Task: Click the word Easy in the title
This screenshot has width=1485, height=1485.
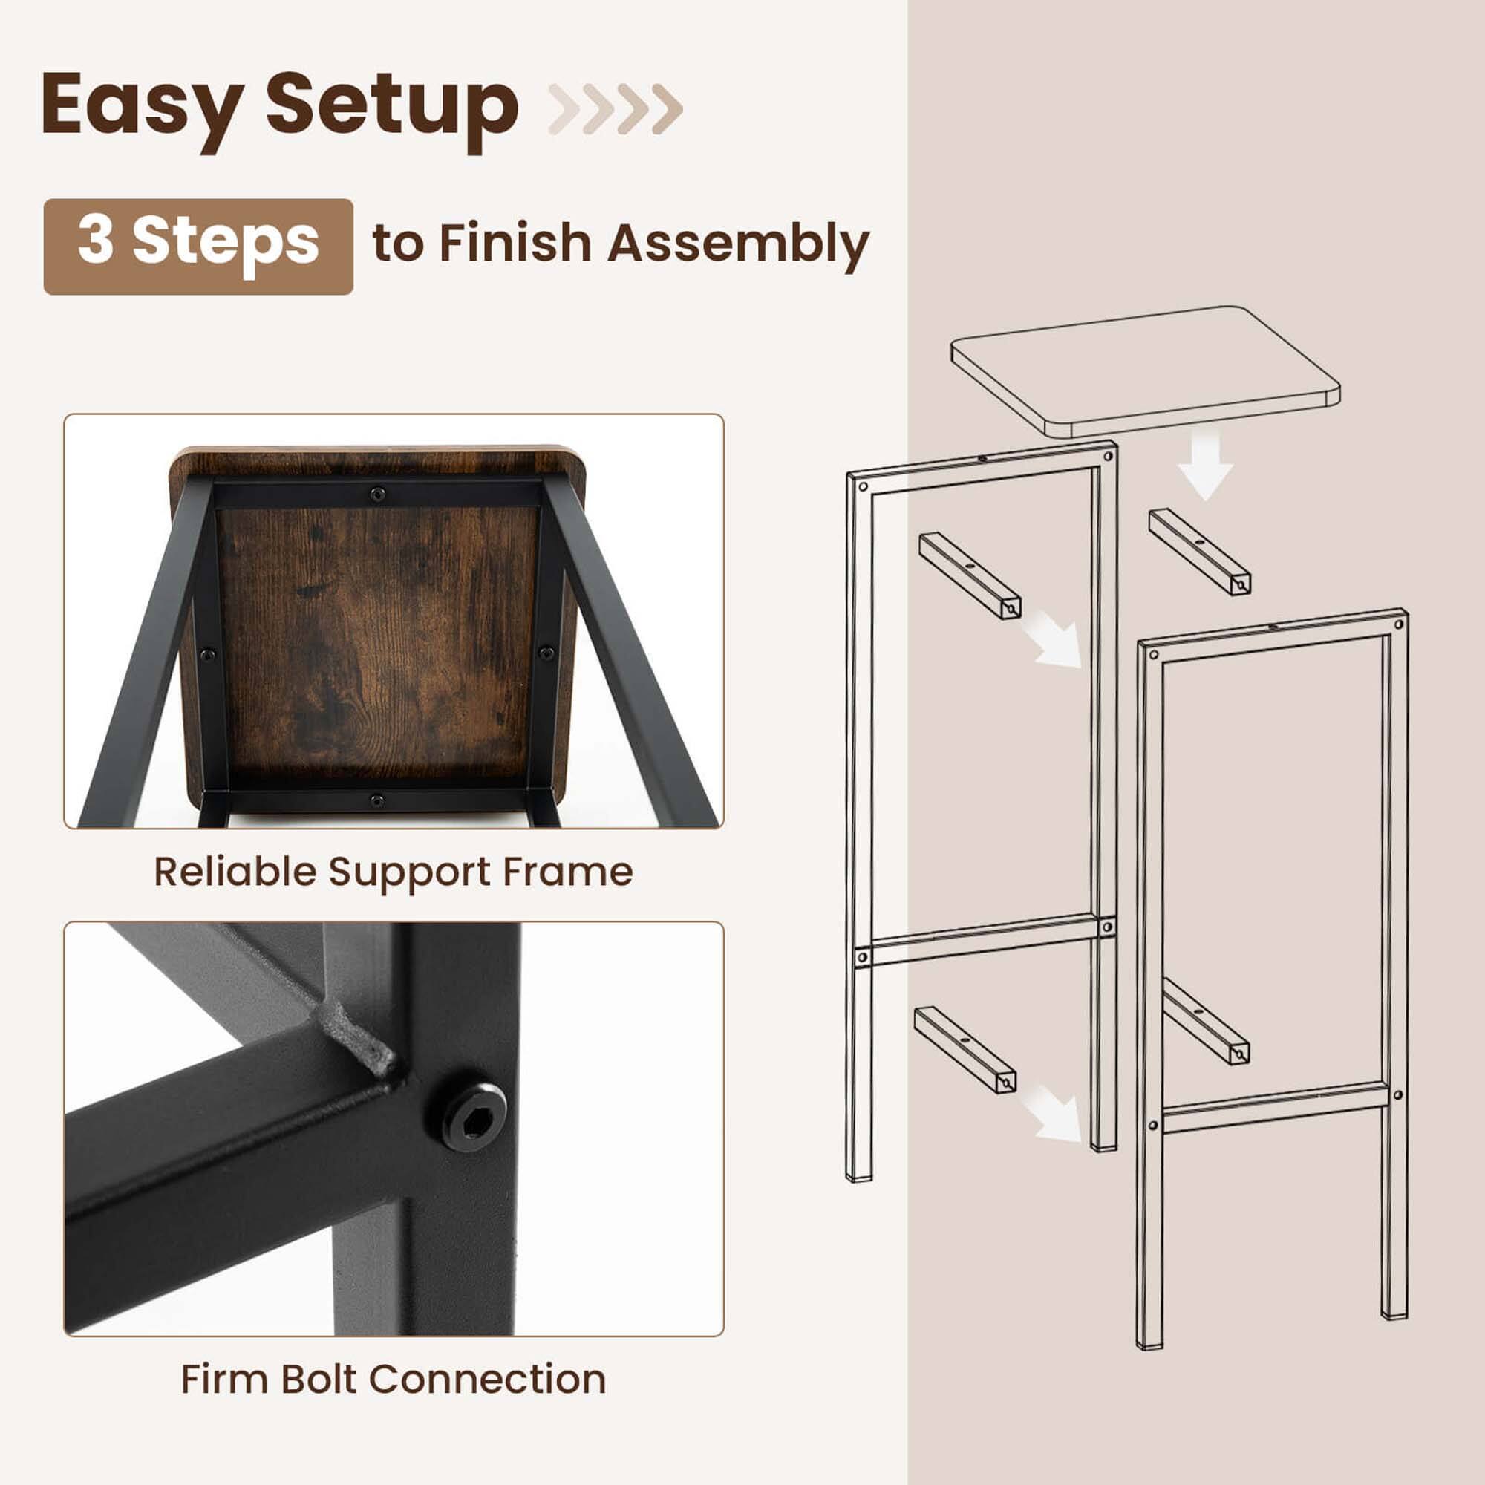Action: coord(143,106)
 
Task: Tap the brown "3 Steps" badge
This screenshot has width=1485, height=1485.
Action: coord(198,246)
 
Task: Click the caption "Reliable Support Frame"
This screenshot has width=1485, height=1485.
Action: coord(393,872)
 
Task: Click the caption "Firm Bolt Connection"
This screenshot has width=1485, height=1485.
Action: coord(393,1379)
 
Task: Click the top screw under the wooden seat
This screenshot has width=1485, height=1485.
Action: coord(377,495)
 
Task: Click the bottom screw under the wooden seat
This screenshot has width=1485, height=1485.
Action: coord(376,800)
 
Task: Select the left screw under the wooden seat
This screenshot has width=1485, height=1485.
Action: coord(206,656)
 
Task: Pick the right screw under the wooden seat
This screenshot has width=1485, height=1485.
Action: coord(546,653)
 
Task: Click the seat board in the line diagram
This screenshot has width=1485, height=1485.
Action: coord(1145,369)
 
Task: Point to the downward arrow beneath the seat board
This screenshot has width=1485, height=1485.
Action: coord(1204,467)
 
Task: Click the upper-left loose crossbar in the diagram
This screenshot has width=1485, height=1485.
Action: coord(970,575)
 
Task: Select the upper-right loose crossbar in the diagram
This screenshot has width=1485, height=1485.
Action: coord(1199,551)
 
